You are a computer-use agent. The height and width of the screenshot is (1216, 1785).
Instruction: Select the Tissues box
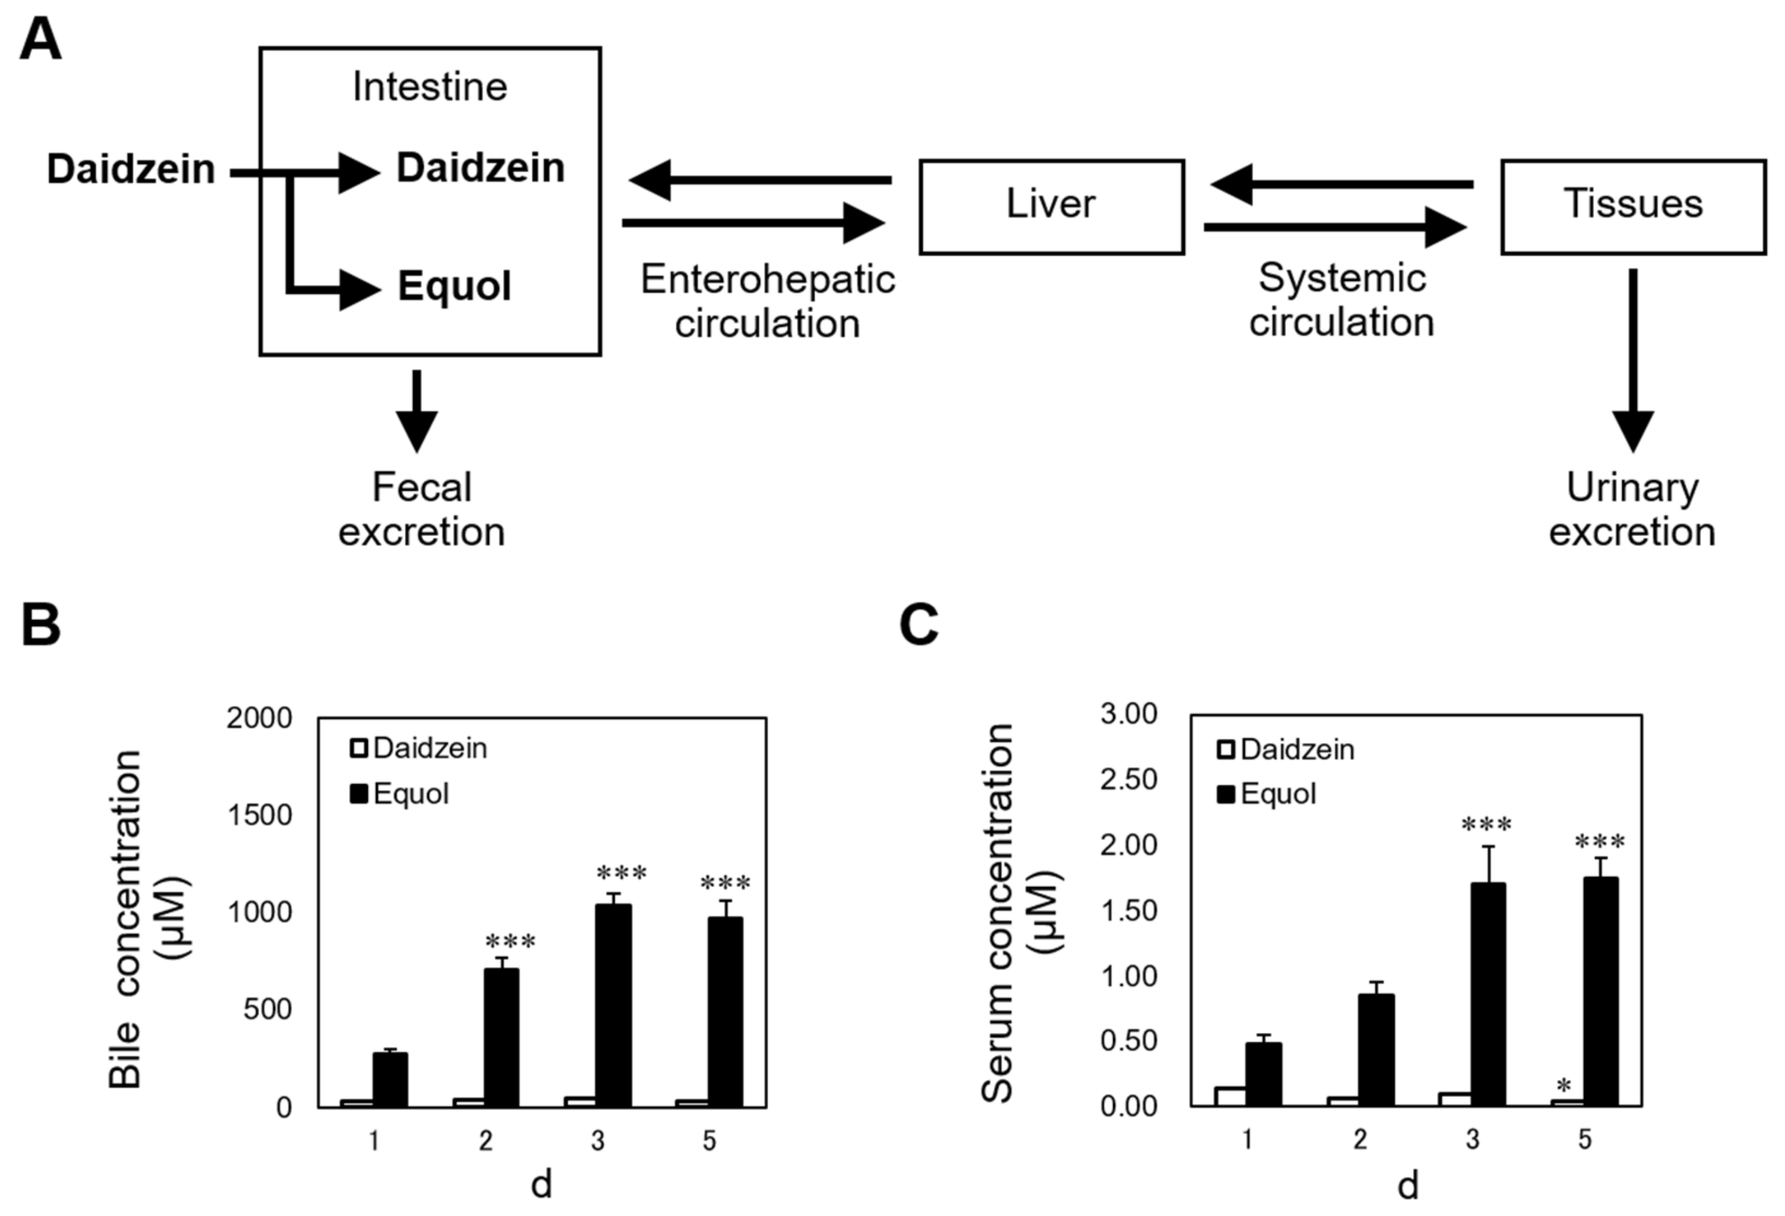click(1633, 206)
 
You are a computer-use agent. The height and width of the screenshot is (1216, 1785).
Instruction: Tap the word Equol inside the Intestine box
click(454, 287)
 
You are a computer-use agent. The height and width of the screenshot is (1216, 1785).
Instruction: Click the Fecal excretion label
click(422, 509)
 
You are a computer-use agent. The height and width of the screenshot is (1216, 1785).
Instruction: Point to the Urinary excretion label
click(1632, 509)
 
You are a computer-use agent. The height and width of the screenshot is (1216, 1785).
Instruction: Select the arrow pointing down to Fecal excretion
click(416, 411)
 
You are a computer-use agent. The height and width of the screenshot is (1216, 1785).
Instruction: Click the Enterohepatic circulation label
click(768, 301)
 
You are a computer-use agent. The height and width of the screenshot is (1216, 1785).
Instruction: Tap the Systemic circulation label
click(1341, 299)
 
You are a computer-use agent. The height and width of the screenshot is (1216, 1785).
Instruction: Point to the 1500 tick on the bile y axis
click(260, 815)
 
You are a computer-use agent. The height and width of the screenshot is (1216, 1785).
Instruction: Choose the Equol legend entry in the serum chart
click(1267, 793)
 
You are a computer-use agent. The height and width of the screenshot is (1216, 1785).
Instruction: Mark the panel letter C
click(919, 624)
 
